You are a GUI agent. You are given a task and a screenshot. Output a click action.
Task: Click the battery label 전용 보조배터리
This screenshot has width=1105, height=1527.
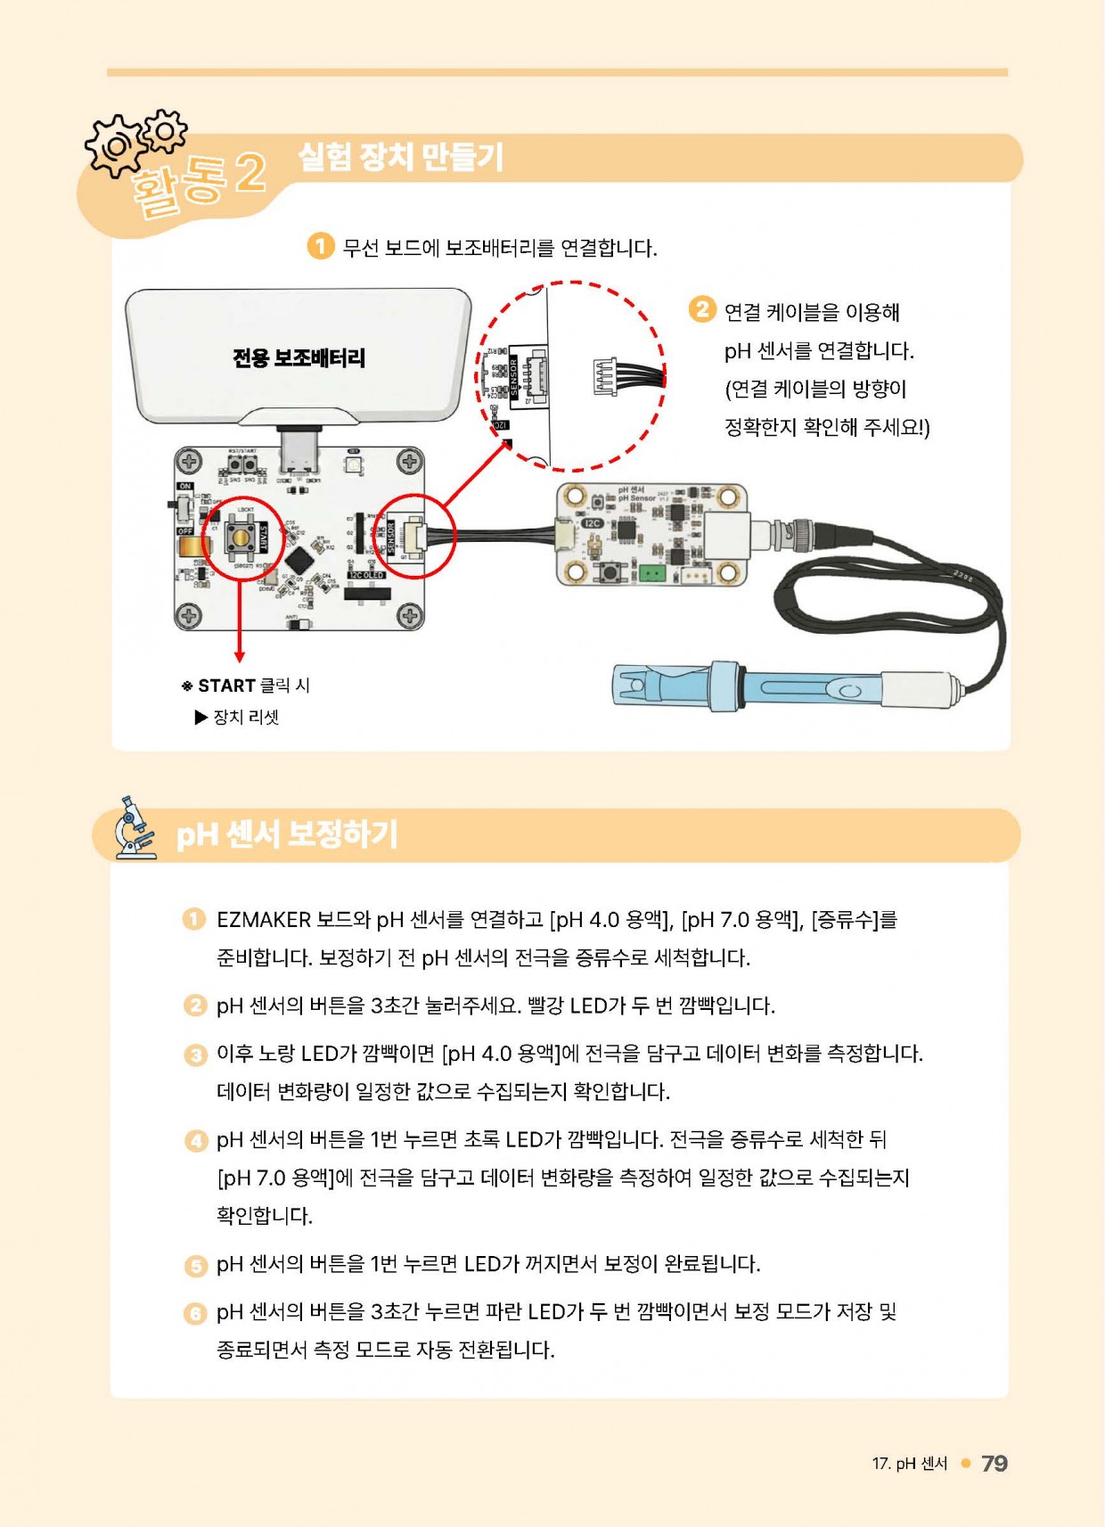[x=299, y=358]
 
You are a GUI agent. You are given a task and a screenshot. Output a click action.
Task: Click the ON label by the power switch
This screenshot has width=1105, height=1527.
[x=184, y=487]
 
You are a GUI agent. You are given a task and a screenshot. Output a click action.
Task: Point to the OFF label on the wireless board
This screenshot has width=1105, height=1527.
[x=184, y=531]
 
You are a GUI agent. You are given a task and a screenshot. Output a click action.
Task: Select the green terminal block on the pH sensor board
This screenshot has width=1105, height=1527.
[x=653, y=572]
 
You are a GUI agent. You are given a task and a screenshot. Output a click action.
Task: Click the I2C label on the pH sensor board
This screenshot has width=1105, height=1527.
[x=593, y=523]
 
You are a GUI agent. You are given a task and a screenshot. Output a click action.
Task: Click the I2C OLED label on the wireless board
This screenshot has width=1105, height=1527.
[x=366, y=576]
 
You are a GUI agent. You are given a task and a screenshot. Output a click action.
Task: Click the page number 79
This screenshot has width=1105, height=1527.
[x=994, y=1464]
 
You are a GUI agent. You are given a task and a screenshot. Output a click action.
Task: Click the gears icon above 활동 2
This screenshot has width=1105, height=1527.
[x=134, y=141]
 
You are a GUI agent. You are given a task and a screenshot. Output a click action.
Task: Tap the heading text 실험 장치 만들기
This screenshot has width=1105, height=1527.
[x=400, y=157]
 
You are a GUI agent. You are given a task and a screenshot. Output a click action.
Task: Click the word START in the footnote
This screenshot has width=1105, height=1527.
[x=226, y=686]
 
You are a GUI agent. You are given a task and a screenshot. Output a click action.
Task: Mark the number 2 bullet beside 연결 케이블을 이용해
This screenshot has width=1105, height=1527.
[x=702, y=309]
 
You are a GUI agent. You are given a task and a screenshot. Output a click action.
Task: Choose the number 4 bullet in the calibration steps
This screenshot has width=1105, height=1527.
[x=195, y=1141]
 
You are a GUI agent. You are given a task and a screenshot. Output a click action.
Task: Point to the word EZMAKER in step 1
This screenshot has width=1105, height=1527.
[x=264, y=920]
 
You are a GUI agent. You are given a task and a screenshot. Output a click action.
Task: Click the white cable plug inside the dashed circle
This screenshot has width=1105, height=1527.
[x=605, y=375]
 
